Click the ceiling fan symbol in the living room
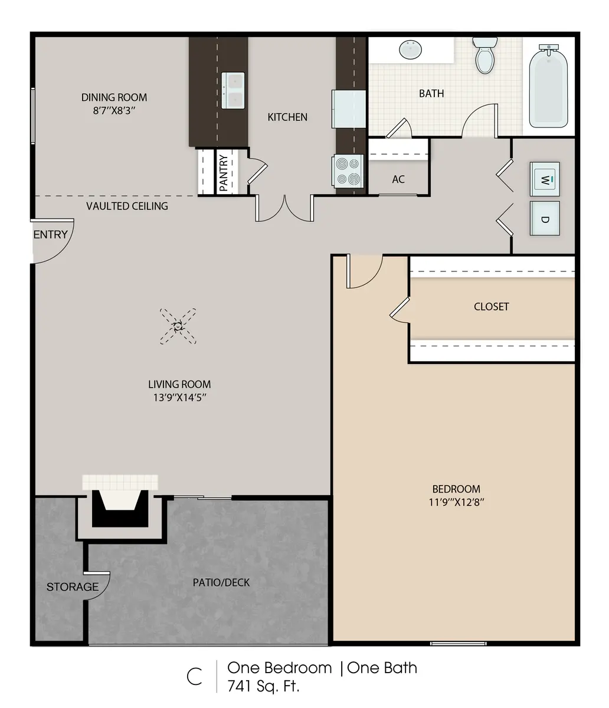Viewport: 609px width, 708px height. pyautogui.click(x=178, y=326)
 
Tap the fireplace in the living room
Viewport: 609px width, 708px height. pyautogui.click(x=120, y=507)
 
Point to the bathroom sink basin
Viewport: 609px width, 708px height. pyautogui.click(x=411, y=50)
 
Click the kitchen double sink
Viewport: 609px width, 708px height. pyautogui.click(x=233, y=90)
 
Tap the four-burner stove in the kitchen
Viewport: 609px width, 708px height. pyautogui.click(x=347, y=171)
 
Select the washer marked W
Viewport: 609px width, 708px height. pyautogui.click(x=544, y=178)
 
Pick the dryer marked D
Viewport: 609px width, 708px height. pyautogui.click(x=544, y=219)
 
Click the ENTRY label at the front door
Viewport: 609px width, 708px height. pyautogui.click(x=50, y=235)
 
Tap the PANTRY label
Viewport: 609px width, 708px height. pyautogui.click(x=224, y=172)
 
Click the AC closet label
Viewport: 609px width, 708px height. pyautogui.click(x=398, y=179)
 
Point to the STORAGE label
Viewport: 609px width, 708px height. pyautogui.click(x=73, y=586)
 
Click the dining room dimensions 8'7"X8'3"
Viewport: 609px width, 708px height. pyautogui.click(x=114, y=110)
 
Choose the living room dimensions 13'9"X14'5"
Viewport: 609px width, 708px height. pyautogui.click(x=179, y=398)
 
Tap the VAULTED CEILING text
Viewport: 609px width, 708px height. pyautogui.click(x=127, y=206)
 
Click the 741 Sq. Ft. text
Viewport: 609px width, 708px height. pyautogui.click(x=263, y=686)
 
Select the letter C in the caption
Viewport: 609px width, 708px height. pyautogui.click(x=194, y=677)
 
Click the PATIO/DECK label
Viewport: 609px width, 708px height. pyautogui.click(x=221, y=582)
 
